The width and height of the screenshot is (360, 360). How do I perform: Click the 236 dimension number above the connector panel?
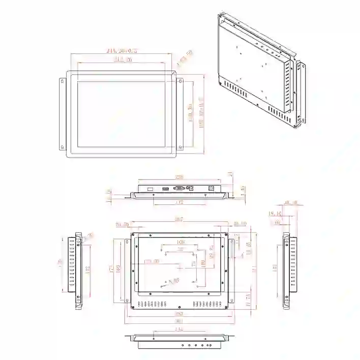(179, 177)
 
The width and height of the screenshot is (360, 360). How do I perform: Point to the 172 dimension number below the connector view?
(179, 202)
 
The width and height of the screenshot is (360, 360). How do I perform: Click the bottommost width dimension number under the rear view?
(179, 321)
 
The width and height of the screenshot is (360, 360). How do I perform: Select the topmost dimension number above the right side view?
(291, 203)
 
